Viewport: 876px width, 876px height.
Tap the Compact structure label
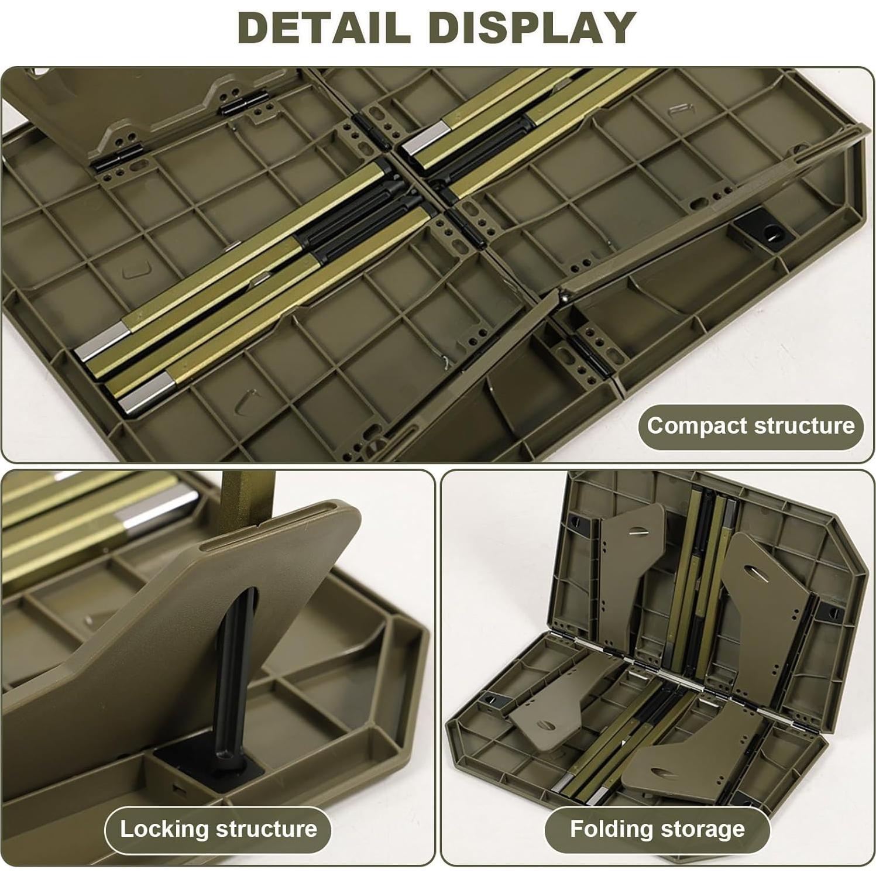[x=750, y=426]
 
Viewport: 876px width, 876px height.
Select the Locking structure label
[x=218, y=829]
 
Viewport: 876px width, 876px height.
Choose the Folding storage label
[x=657, y=829]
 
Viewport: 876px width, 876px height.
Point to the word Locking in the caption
[x=164, y=829]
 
